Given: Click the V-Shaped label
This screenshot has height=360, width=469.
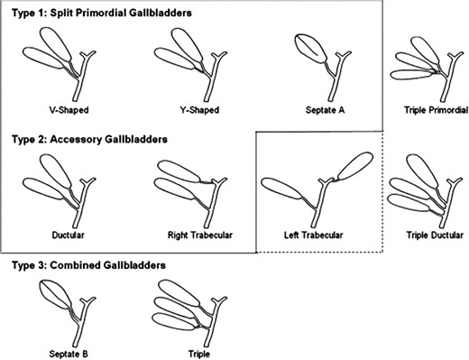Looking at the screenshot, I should [68, 110].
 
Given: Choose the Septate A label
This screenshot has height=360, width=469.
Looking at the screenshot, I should [325, 110].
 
